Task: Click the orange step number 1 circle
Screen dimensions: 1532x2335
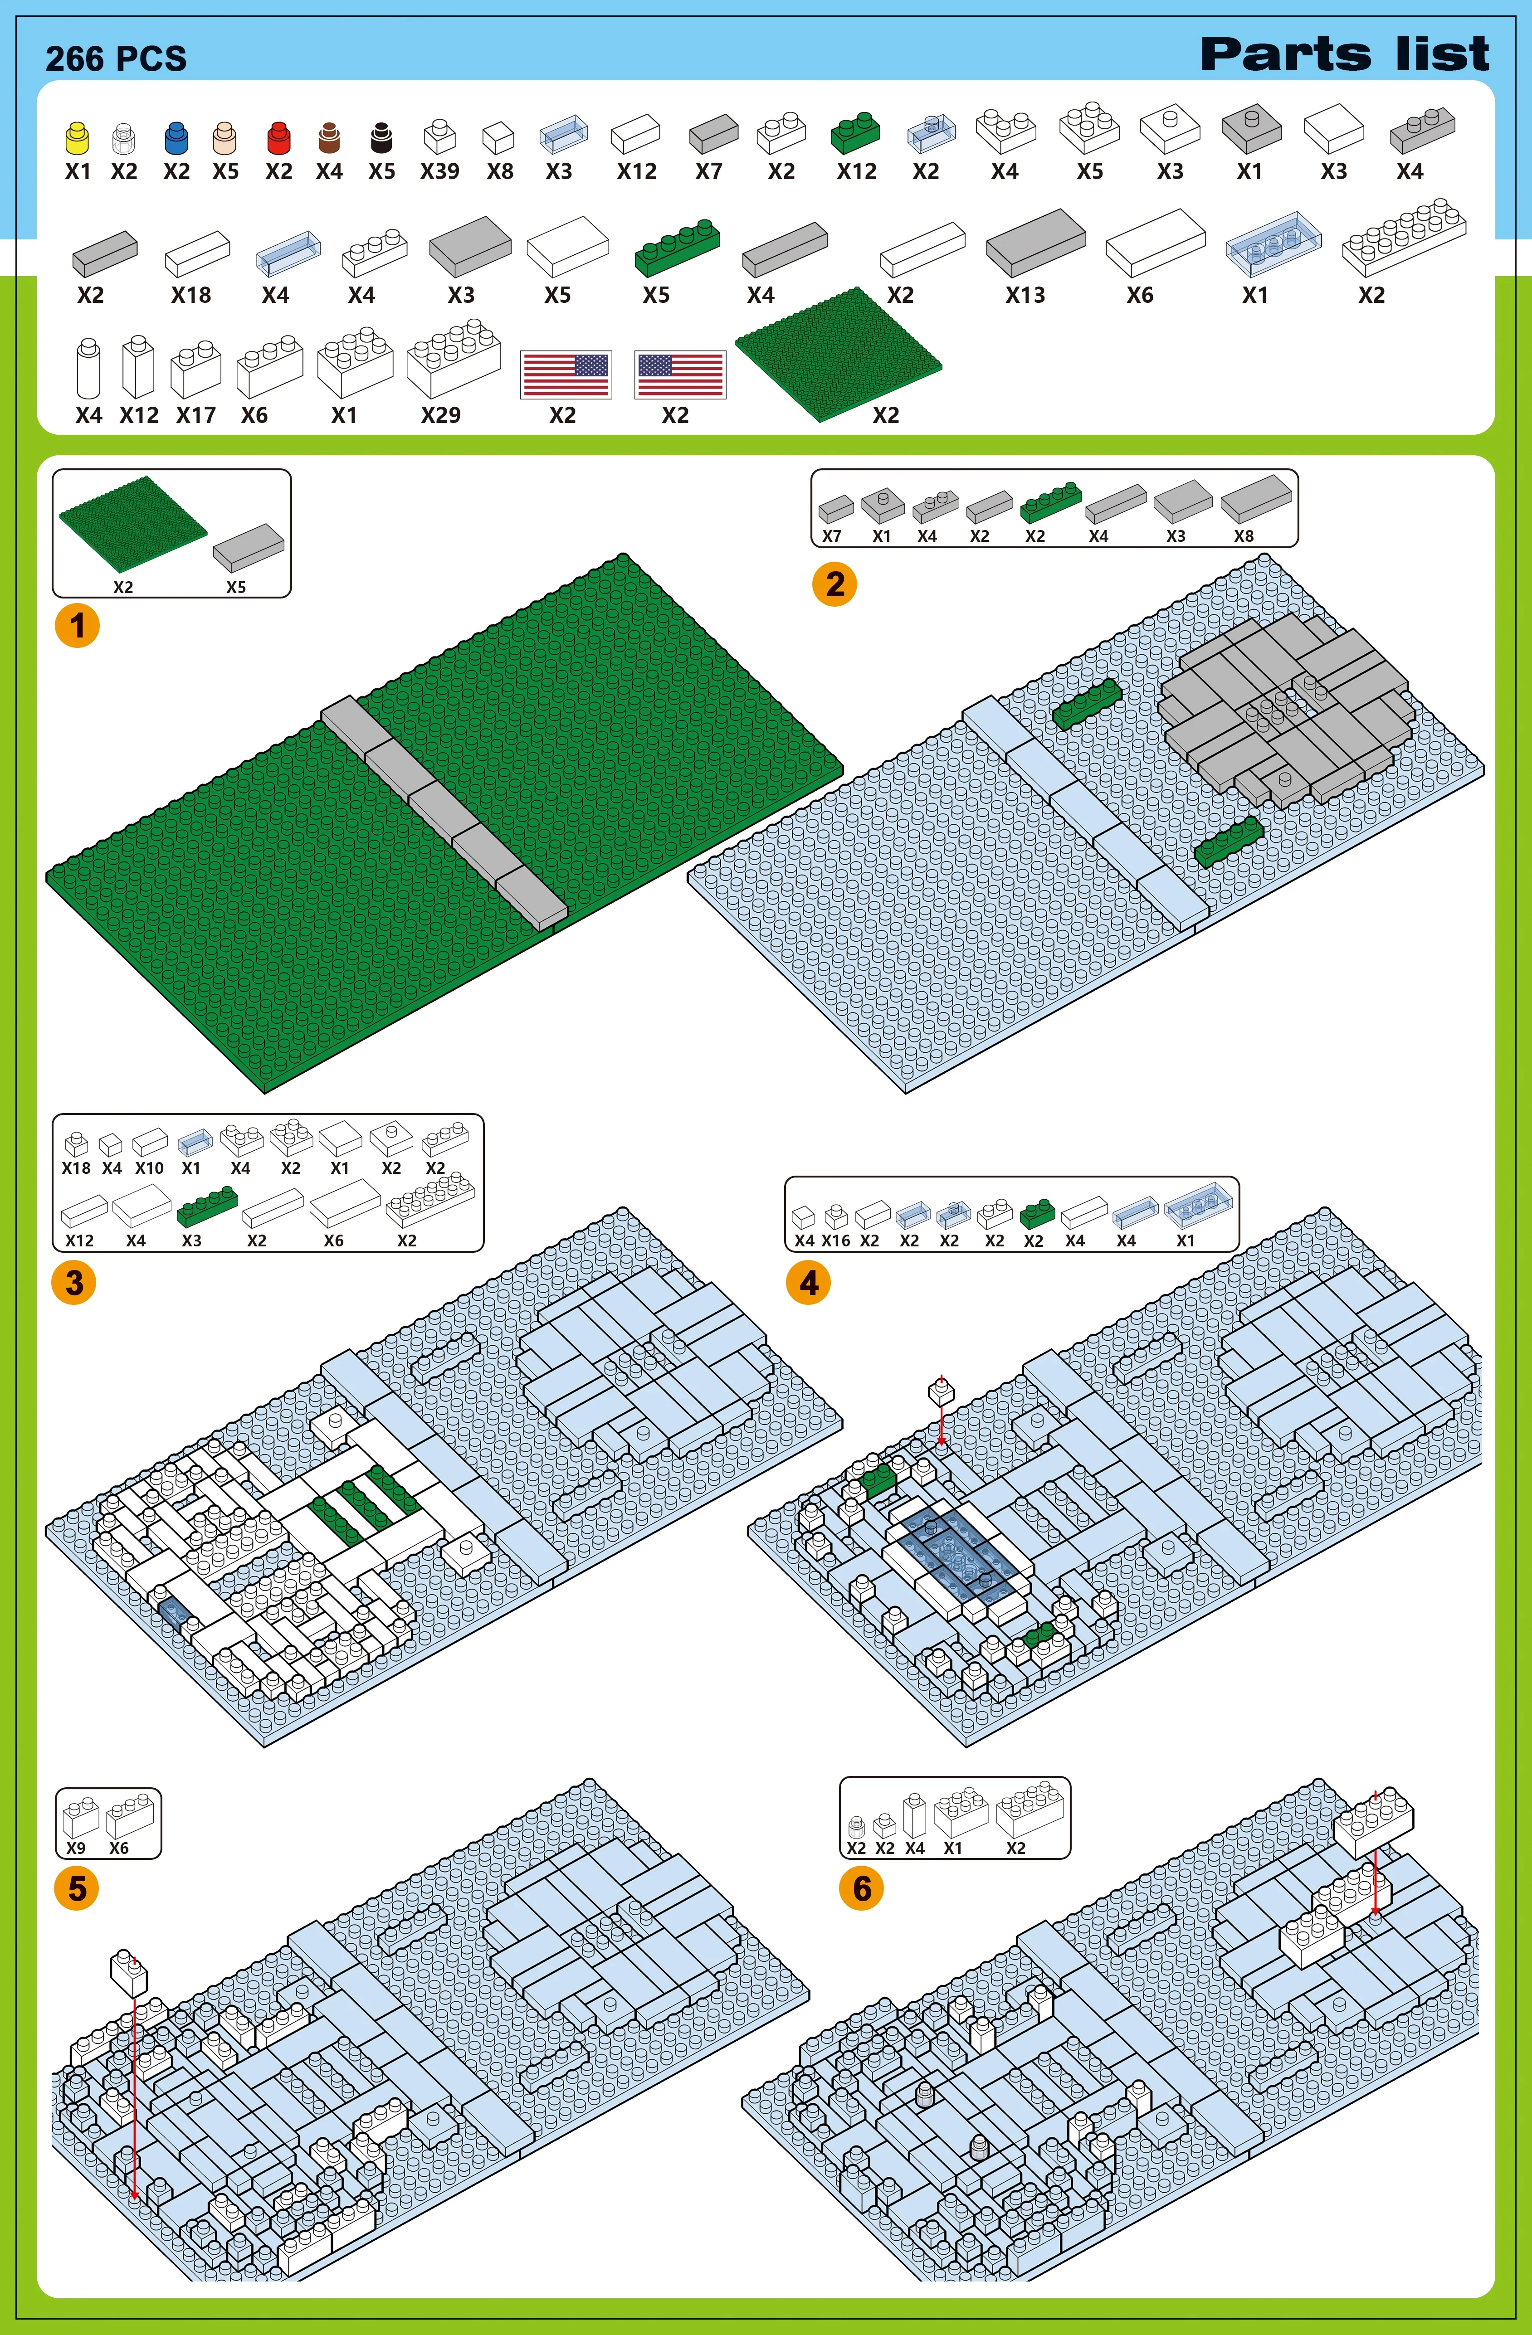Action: click(77, 625)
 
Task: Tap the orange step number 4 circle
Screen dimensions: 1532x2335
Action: click(809, 1282)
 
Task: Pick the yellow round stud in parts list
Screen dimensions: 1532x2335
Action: click(77, 138)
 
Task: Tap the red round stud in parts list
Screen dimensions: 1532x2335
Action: click(279, 138)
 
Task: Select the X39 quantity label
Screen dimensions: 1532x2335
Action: click(439, 172)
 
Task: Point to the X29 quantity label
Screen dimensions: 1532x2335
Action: click(441, 415)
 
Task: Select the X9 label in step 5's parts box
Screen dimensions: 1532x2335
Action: click(76, 1848)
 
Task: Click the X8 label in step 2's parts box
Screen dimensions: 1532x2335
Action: click(1244, 535)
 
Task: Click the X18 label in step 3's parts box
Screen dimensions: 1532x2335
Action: click(76, 1167)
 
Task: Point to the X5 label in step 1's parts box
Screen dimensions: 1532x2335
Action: click(235, 587)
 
